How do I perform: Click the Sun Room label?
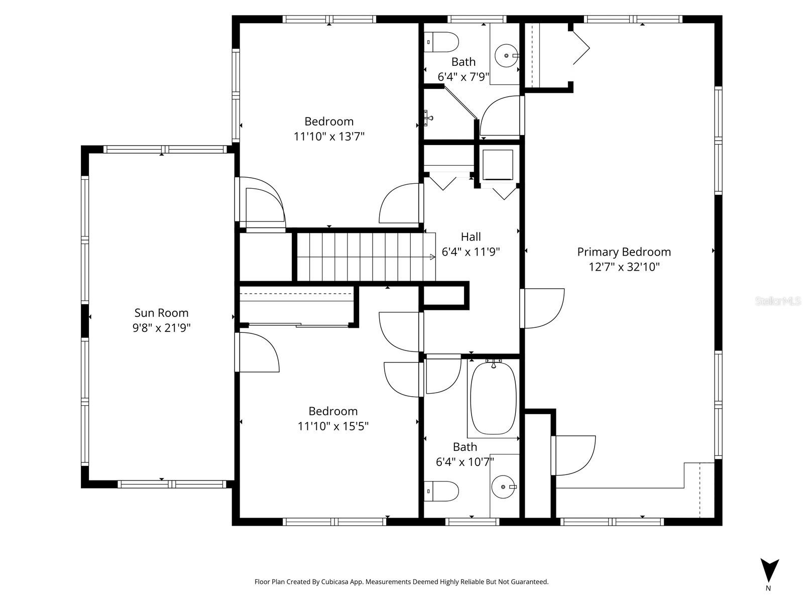point(161,313)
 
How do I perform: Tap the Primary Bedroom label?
point(624,252)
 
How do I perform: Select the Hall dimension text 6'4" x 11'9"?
point(471,252)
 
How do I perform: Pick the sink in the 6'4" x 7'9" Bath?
point(506,55)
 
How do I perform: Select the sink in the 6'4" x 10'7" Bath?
point(503,487)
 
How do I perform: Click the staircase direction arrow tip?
point(433,257)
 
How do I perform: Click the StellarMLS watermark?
point(778,301)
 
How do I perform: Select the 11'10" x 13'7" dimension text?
point(329,137)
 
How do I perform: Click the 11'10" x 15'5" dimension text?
point(333,426)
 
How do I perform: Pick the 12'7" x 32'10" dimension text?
point(624,267)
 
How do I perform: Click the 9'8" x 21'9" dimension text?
point(161,328)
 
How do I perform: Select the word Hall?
point(471,236)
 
